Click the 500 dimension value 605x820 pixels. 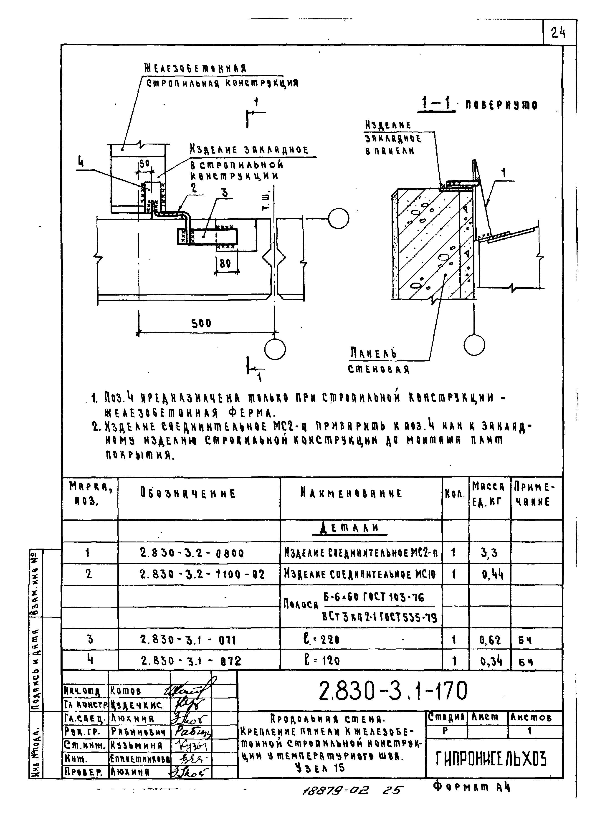(x=201, y=323)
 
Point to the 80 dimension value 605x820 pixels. (x=225, y=263)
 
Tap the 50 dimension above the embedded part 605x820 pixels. (x=145, y=164)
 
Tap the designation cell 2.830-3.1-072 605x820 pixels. (x=191, y=661)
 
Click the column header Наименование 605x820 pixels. (x=351, y=493)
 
